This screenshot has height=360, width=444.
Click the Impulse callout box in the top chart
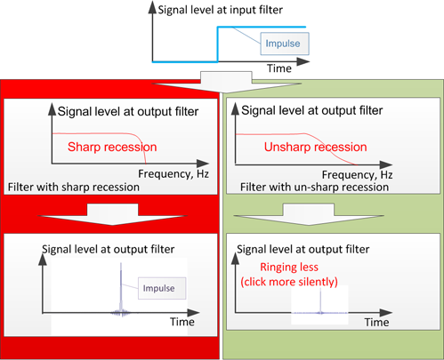coord(285,44)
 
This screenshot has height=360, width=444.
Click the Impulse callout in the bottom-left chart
coord(162,288)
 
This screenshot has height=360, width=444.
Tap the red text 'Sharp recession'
coord(112,147)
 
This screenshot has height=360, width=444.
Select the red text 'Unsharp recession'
coord(316,147)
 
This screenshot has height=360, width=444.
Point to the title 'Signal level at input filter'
coord(220,10)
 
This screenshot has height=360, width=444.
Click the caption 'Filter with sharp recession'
coord(74,188)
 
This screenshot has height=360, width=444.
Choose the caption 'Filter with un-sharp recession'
coord(314,188)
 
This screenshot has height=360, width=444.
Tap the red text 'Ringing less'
coord(289,268)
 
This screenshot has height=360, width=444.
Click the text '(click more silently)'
coord(289,282)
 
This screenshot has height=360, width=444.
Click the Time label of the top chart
coord(279,68)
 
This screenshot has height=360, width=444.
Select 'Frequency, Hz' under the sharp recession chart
coord(174,174)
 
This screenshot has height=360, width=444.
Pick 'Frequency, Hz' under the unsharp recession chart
coord(358,175)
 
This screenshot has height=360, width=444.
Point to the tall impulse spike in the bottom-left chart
coord(121,286)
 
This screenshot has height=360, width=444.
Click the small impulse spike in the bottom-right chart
coord(320,300)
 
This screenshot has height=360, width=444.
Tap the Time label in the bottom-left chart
coord(182,322)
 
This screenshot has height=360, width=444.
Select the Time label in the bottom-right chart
coord(376,322)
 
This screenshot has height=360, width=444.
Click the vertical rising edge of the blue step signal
coord(218,44)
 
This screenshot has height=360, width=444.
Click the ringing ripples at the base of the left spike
coord(121,313)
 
